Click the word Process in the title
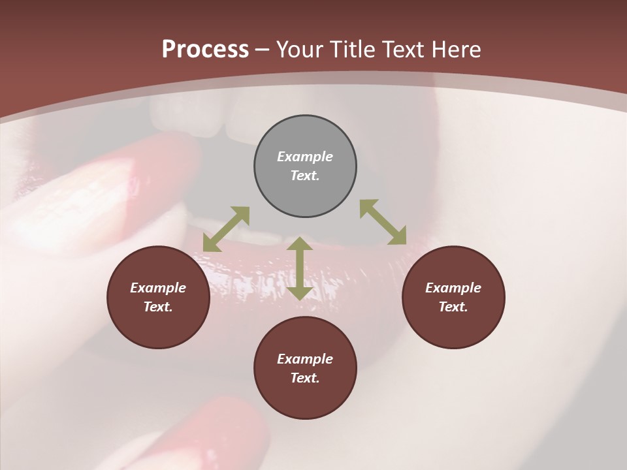pyautogui.click(x=205, y=50)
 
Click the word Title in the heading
pyautogui.click(x=353, y=50)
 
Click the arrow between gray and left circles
pyautogui.click(x=226, y=229)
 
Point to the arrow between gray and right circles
pyautogui.click(x=383, y=222)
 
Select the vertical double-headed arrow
pyautogui.click(x=300, y=268)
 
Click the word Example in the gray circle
pyautogui.click(x=305, y=157)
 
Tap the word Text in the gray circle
pyautogui.click(x=305, y=176)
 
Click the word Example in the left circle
pyautogui.click(x=158, y=288)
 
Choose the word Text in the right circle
pyautogui.click(x=453, y=307)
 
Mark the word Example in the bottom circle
pyautogui.click(x=305, y=359)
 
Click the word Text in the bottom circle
pyautogui.click(x=305, y=378)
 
